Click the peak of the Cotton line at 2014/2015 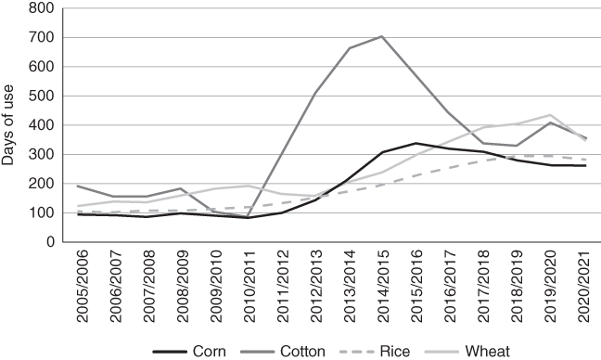381,36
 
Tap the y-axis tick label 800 43,8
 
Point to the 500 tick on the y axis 43,96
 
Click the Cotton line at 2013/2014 349,48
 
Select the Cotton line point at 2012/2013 315,93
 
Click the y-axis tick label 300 43,154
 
